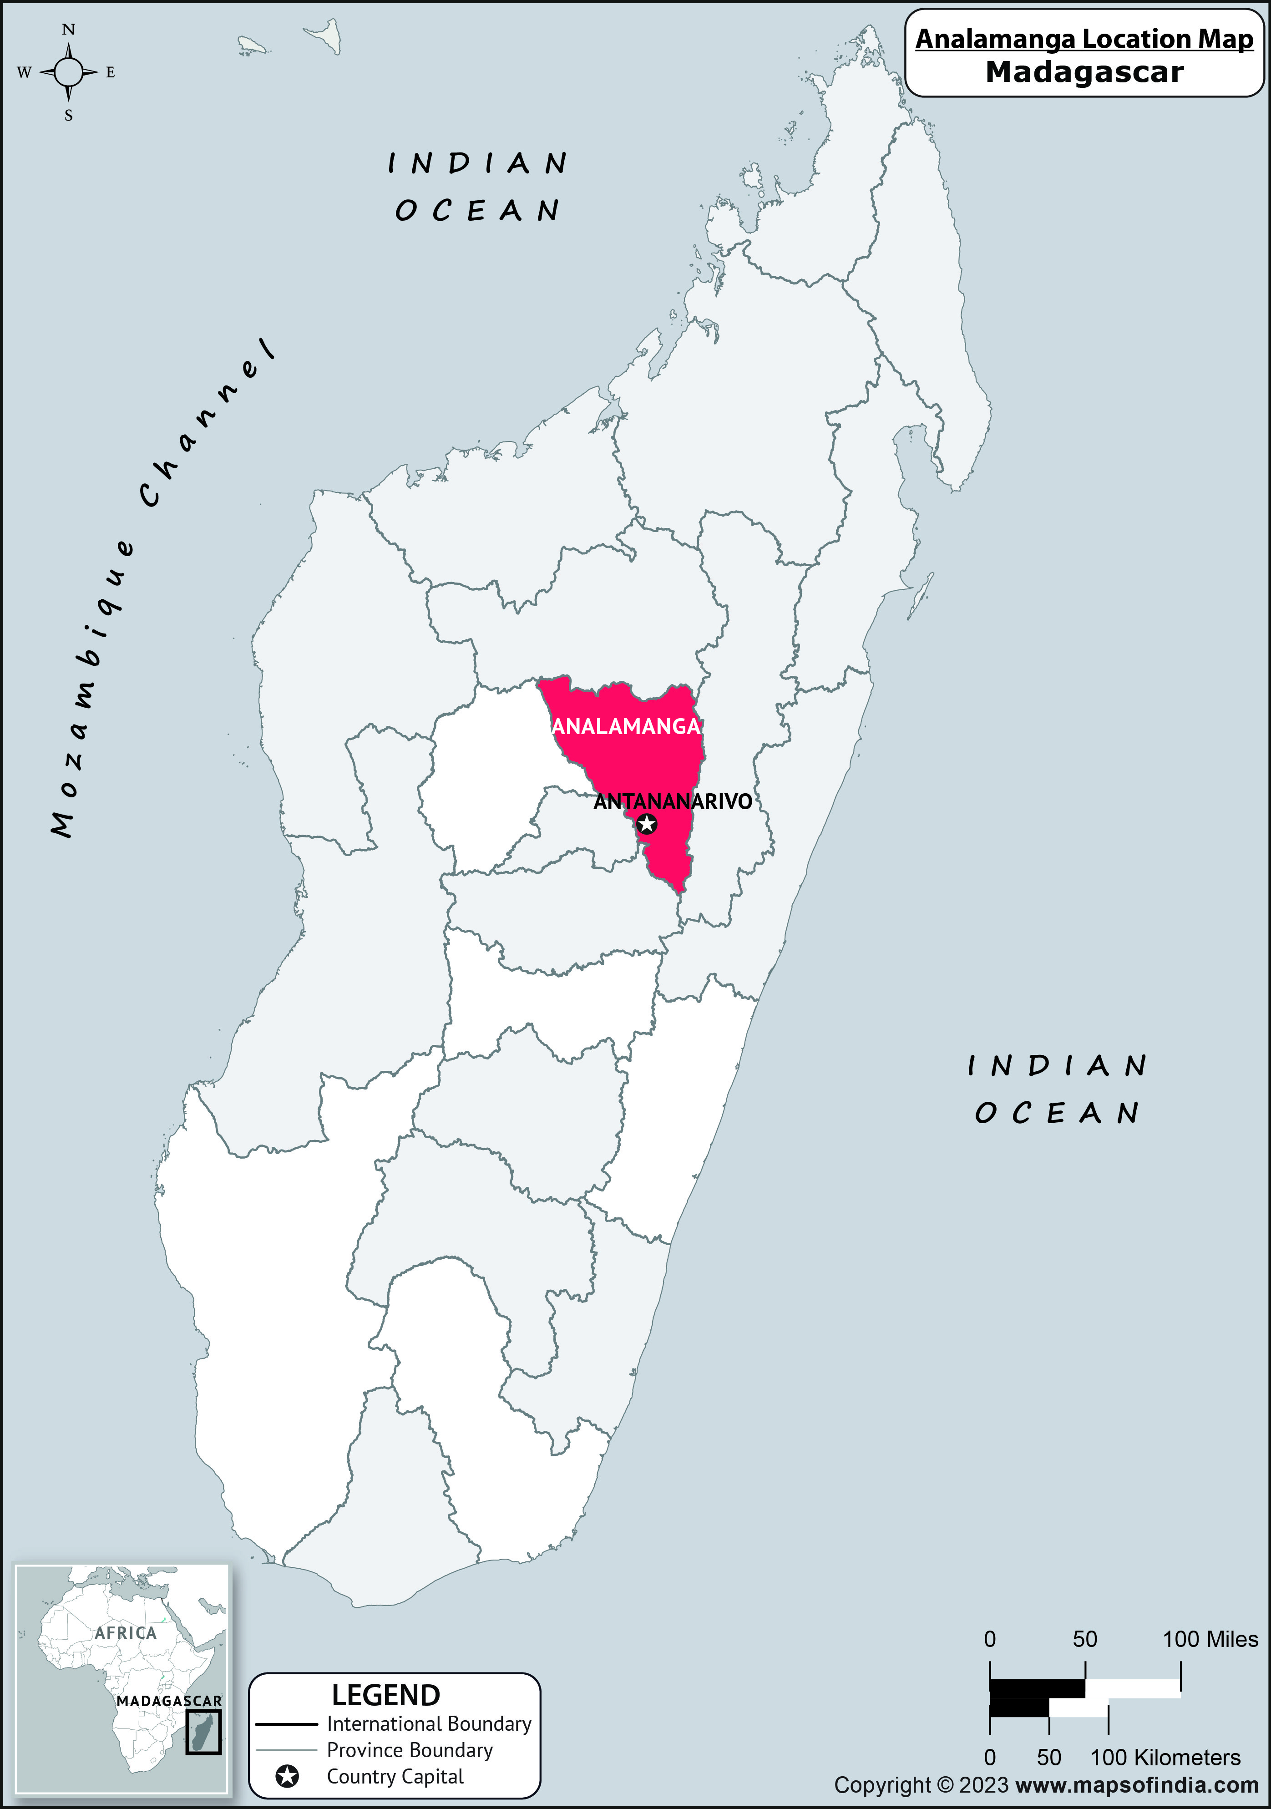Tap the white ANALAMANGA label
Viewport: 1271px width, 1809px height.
[627, 726]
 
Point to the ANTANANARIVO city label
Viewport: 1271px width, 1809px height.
[672, 802]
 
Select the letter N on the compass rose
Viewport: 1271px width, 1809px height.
[69, 30]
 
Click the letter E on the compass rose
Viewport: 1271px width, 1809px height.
[110, 72]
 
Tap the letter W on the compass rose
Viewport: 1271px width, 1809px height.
[24, 72]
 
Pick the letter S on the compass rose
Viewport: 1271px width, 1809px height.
[69, 116]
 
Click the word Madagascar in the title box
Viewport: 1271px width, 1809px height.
[1084, 72]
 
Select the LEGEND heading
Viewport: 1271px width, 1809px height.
[385, 1695]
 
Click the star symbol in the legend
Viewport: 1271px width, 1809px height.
[288, 1777]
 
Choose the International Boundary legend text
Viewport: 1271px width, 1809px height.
[429, 1724]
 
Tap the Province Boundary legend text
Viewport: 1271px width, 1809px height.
[410, 1750]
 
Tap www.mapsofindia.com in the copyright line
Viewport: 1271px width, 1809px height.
[1137, 1785]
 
